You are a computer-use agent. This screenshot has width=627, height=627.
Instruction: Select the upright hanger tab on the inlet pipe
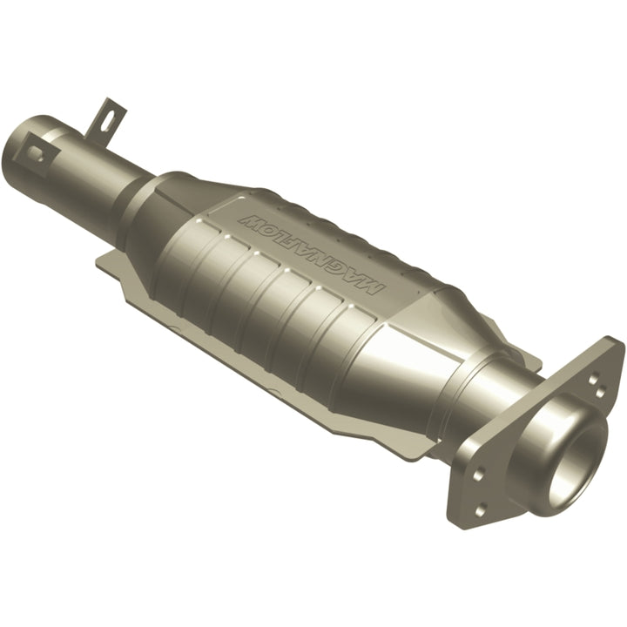108,117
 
